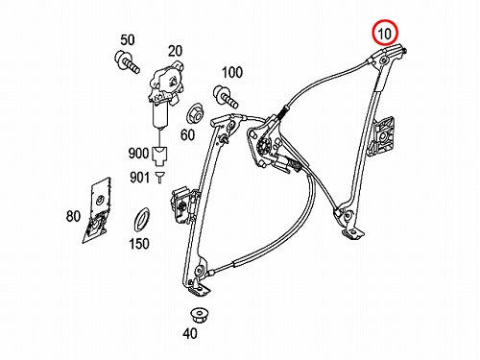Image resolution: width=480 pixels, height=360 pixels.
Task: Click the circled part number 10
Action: coord(384,33)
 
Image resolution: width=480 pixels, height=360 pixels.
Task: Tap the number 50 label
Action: coord(128,40)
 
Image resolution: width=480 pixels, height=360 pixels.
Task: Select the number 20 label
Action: coord(175,51)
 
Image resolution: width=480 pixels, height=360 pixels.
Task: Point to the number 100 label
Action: coord(232,73)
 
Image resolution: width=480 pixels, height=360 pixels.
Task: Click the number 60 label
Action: coord(187,134)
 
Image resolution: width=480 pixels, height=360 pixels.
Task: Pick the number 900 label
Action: coord(138,154)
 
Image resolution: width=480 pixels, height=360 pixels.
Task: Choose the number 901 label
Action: coord(139,178)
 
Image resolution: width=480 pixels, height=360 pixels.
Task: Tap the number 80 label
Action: coord(73,216)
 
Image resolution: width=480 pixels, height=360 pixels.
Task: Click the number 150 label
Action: coord(139,244)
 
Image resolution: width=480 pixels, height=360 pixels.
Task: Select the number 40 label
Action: coord(190,334)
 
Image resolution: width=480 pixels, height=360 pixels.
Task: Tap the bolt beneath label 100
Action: coord(226,96)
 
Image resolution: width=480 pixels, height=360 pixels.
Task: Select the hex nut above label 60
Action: coord(195,113)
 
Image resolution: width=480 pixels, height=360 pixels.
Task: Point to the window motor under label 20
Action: coord(166,94)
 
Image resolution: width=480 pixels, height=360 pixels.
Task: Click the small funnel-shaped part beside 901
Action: coord(159,177)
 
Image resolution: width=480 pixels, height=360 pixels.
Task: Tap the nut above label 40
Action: coord(200,315)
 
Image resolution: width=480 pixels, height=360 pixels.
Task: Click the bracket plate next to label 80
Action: coord(97,209)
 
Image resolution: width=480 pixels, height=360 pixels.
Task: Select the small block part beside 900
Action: coord(159,156)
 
